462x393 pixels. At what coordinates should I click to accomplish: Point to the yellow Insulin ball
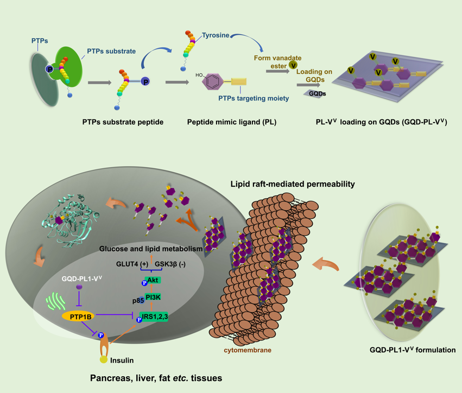pos(103,359)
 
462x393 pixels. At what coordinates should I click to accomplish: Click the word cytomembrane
pos(248,350)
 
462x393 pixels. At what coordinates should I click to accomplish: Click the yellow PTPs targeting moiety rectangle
pos(239,82)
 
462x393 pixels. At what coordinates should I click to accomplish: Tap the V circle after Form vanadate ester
pos(293,65)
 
